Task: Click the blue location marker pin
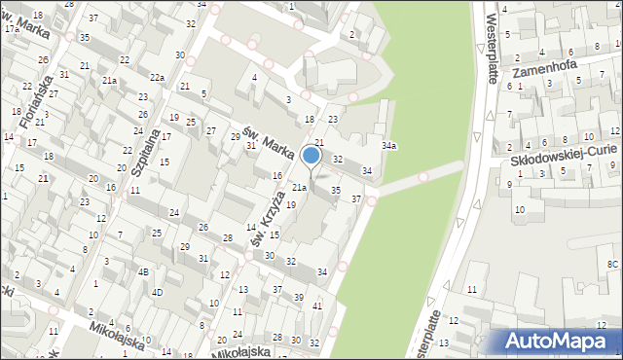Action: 311,156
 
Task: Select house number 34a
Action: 388,146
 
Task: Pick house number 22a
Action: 157,77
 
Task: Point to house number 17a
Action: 11,29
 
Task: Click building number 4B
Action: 143,271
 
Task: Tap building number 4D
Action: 157,292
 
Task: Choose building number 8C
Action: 612,264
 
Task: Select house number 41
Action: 317,306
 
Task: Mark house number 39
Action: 299,297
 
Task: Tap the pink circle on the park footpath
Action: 423,176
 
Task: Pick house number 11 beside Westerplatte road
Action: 472,290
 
